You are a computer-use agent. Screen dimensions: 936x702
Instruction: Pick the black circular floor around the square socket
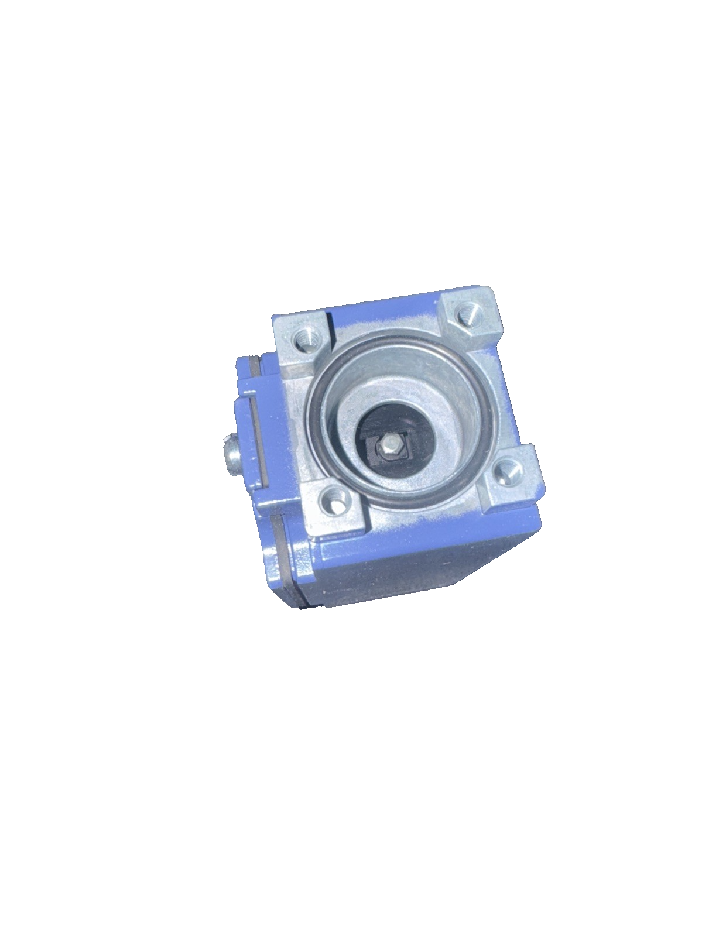[410, 421]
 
